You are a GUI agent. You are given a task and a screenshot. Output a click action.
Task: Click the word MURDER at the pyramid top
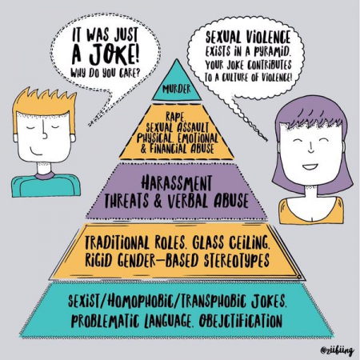(x=177, y=89)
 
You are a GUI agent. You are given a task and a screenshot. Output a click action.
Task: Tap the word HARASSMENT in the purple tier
(x=177, y=183)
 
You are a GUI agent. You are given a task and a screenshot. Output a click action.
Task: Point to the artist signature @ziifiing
(x=337, y=350)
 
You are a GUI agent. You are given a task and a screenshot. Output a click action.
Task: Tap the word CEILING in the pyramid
(x=249, y=242)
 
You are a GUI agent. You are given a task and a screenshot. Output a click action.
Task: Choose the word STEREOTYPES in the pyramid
(x=237, y=260)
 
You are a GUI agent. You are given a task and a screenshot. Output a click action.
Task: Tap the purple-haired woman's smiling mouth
(x=310, y=166)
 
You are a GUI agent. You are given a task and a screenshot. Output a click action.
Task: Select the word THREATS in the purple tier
(x=126, y=200)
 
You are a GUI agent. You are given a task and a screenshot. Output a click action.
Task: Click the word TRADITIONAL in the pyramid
(x=117, y=242)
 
